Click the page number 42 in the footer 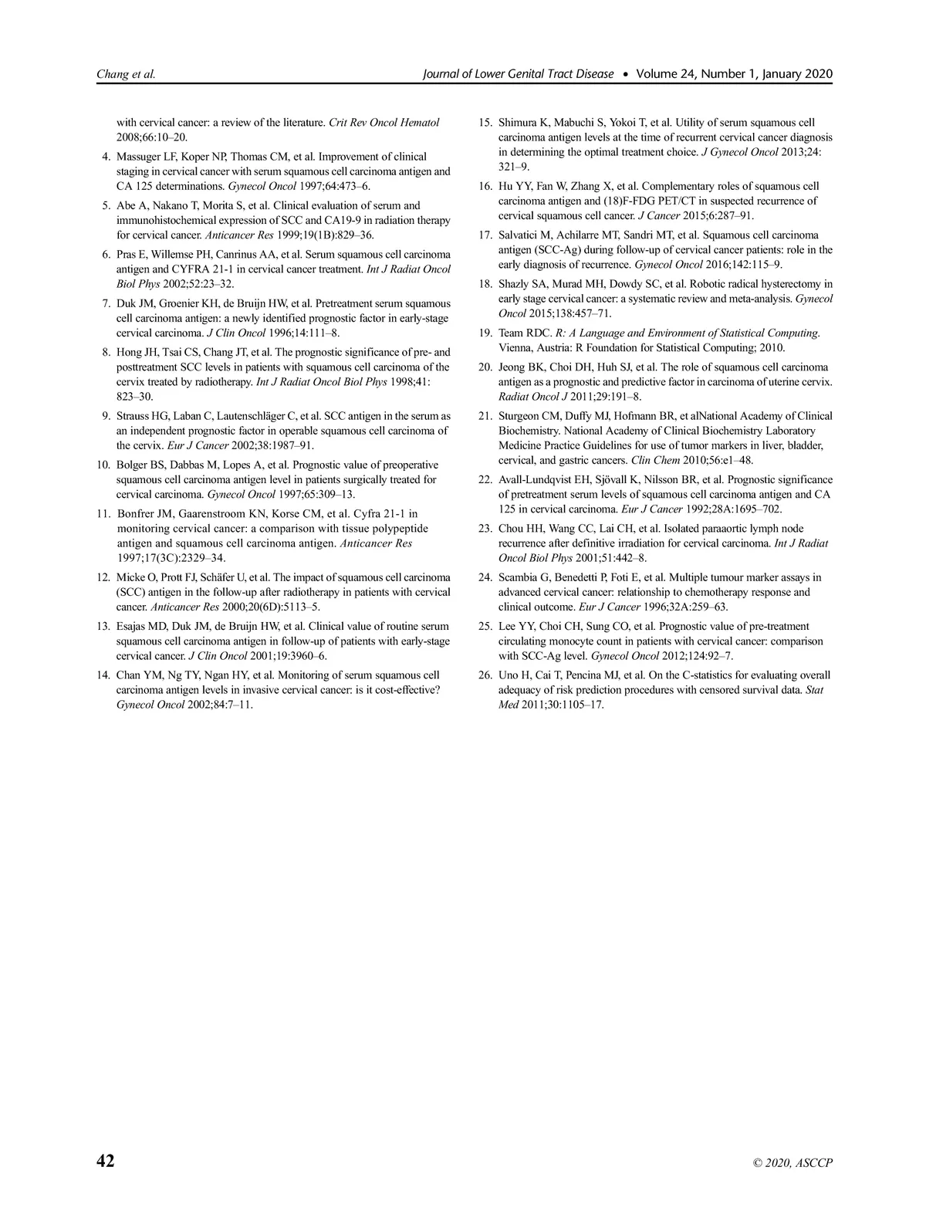pyautogui.click(x=105, y=1162)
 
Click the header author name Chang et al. pyautogui.click(x=126, y=75)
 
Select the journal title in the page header pyautogui.click(x=519, y=75)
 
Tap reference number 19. pyautogui.click(x=485, y=333)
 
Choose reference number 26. pyautogui.click(x=485, y=675)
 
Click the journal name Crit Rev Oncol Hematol pyautogui.click(x=384, y=123)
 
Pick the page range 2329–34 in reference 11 pyautogui.click(x=199, y=558)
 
